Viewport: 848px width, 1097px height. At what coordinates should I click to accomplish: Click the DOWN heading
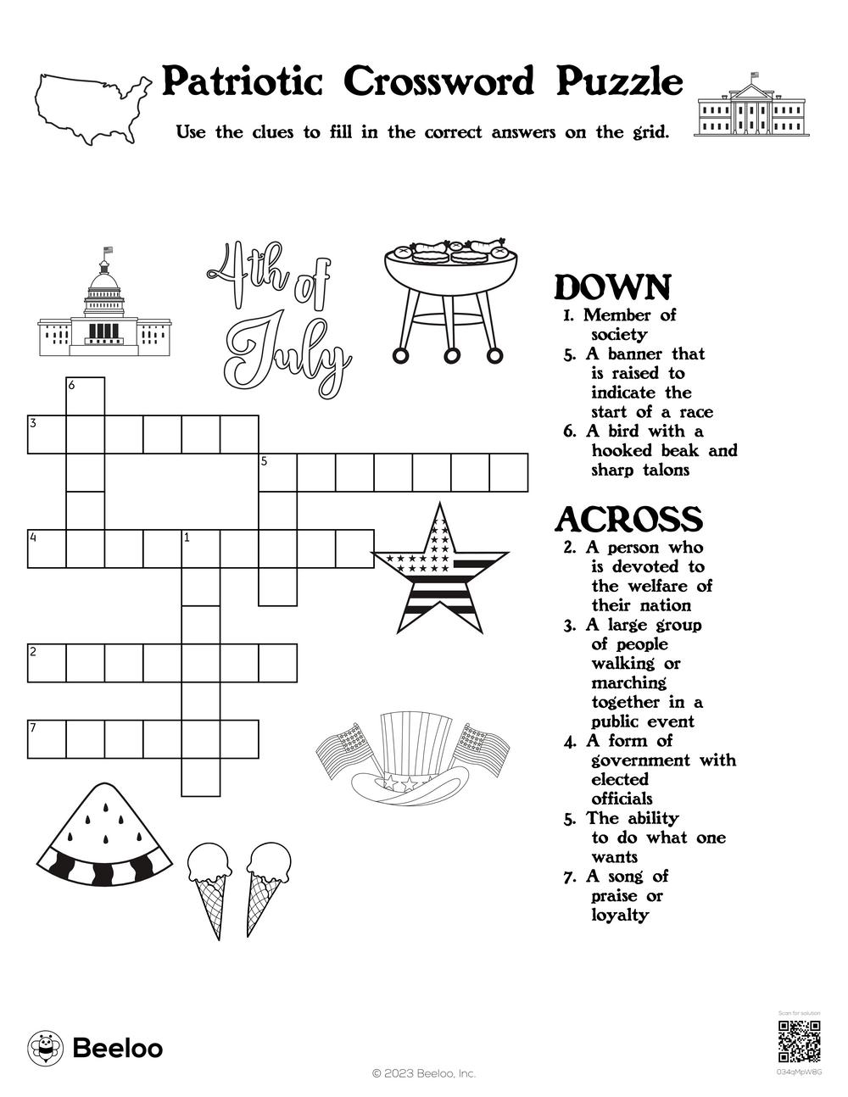click(x=612, y=288)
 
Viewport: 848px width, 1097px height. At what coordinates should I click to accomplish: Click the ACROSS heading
click(x=628, y=519)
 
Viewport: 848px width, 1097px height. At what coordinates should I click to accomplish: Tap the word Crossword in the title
click(x=440, y=82)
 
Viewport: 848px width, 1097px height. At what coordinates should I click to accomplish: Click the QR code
click(x=799, y=1042)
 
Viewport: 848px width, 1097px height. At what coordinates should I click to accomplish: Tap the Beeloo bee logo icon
click(x=45, y=1048)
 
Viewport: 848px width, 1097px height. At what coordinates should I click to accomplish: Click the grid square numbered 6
click(x=86, y=397)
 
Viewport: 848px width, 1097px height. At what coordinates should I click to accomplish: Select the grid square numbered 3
click(x=47, y=435)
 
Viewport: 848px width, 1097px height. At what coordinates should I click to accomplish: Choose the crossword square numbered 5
click(x=277, y=473)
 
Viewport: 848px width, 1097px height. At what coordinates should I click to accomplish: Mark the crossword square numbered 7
click(x=47, y=739)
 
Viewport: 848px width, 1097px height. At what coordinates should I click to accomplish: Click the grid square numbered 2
click(x=47, y=663)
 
